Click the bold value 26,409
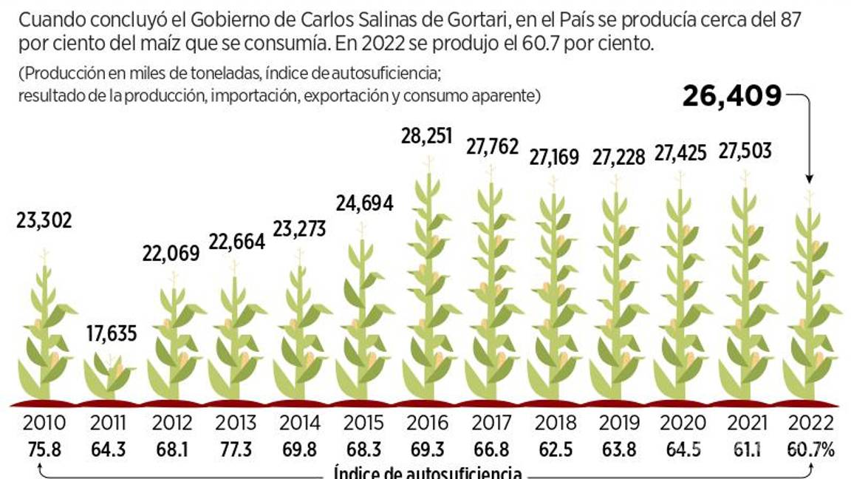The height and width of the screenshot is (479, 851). (x=731, y=96)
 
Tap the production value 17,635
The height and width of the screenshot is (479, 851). (x=112, y=333)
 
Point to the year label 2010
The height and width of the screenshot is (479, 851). (x=44, y=424)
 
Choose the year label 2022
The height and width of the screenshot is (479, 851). (x=810, y=424)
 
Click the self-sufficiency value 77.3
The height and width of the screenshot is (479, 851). (x=236, y=449)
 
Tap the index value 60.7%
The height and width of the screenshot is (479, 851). (x=810, y=449)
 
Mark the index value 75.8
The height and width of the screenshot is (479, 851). (x=44, y=449)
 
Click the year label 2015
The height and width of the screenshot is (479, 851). (x=363, y=424)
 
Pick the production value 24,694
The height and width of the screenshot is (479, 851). (x=364, y=203)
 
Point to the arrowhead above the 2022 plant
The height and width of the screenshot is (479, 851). (x=810, y=178)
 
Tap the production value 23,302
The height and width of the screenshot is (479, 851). (x=45, y=220)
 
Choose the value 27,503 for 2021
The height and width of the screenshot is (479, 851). (x=745, y=151)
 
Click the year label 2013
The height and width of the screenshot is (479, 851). (x=236, y=424)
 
